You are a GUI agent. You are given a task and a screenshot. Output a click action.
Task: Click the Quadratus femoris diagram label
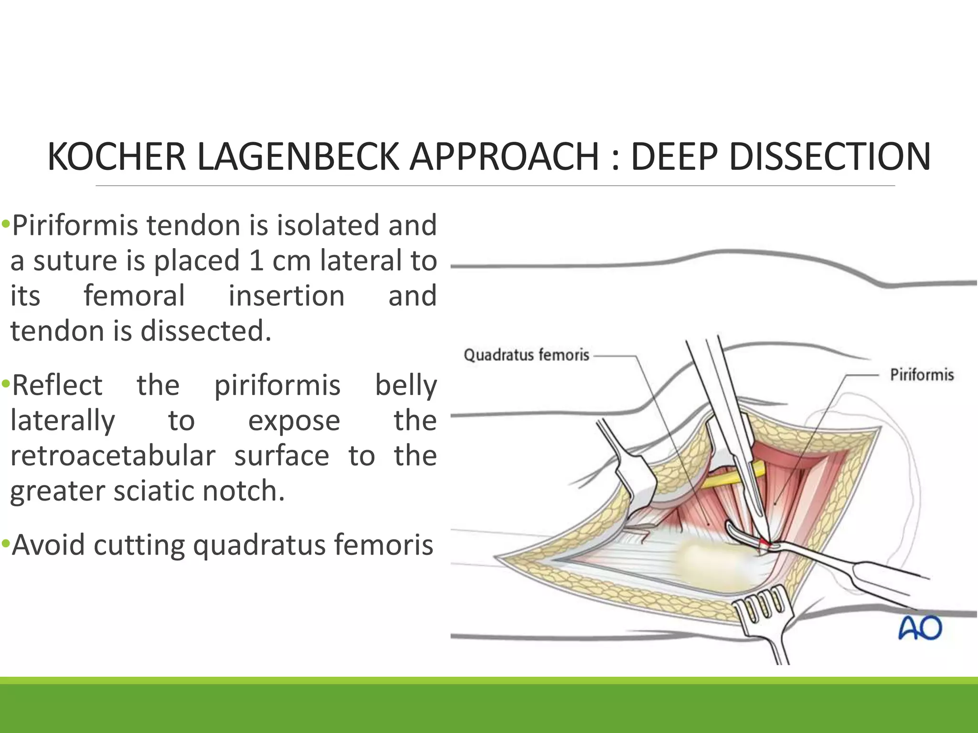coord(526,355)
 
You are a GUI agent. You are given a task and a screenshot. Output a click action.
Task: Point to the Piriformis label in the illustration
coord(922,375)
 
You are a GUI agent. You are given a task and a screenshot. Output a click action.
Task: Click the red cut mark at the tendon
coord(765,543)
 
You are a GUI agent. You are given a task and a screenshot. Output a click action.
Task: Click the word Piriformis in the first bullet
coord(74,226)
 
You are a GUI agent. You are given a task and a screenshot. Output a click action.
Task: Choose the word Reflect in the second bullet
coord(57,385)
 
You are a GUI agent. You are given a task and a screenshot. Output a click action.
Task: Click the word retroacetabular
coord(113,456)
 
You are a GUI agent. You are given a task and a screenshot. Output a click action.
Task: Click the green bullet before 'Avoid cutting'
coord(5,544)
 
